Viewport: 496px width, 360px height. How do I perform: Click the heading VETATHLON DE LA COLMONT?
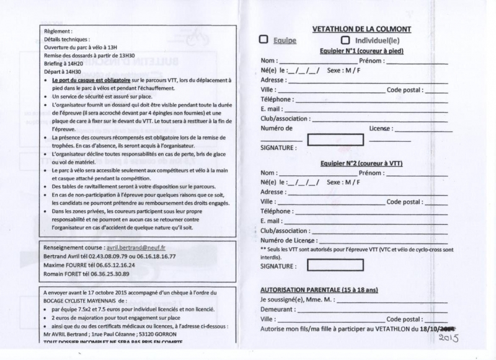(362, 29)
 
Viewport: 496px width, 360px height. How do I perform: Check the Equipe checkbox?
(263, 40)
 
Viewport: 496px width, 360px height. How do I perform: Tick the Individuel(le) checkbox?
(345, 40)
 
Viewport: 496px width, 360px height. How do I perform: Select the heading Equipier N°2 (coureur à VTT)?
(363, 163)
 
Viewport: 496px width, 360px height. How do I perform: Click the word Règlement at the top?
(58, 30)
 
